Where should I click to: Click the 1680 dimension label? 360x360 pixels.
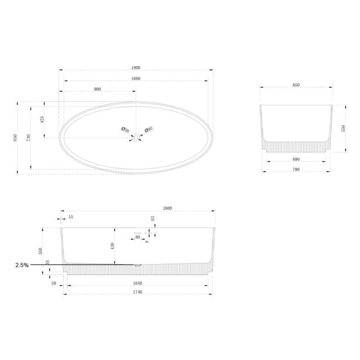click(136, 78)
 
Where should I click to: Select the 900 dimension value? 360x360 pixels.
click(97, 89)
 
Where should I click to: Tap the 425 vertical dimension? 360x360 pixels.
click(42, 120)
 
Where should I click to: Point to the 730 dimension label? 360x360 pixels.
click(28, 138)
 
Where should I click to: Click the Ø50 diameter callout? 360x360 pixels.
click(125, 130)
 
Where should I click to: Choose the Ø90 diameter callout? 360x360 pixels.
click(149, 130)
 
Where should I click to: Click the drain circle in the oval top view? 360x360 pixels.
click(136, 138)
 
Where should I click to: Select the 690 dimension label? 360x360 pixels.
click(296, 159)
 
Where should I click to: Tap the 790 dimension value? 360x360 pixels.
click(296, 170)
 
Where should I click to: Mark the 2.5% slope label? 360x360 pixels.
click(22, 265)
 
